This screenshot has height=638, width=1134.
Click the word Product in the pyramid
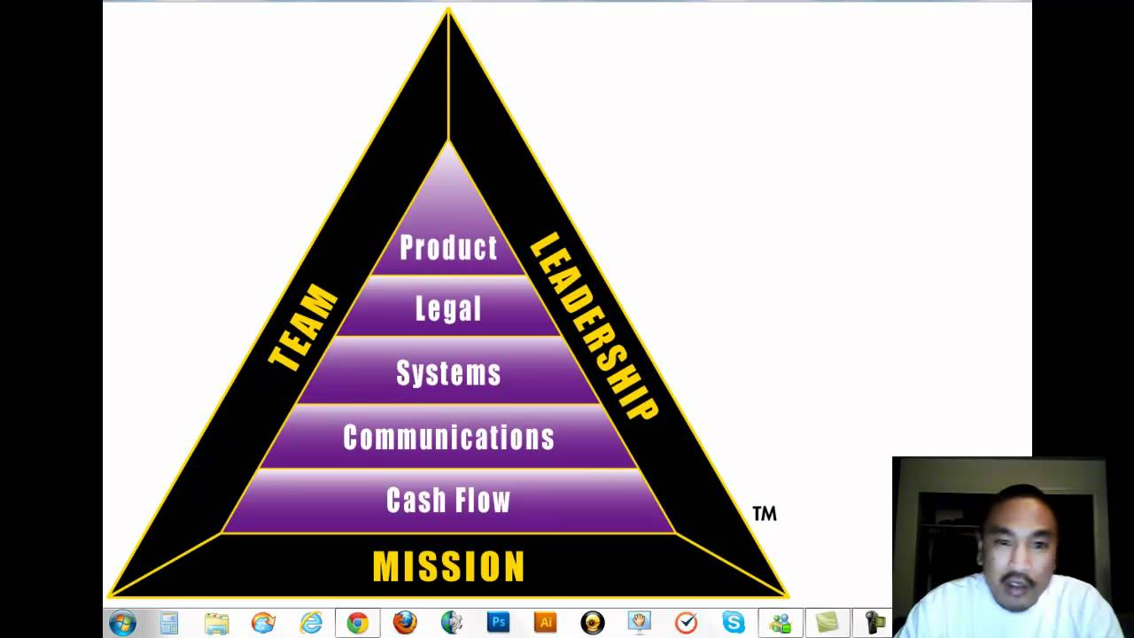pos(448,248)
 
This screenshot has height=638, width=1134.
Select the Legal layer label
pos(448,309)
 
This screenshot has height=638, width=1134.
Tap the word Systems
pos(448,373)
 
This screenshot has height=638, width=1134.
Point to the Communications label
pos(448,437)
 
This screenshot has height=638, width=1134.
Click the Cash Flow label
pos(448,501)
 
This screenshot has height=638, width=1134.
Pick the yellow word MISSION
pos(448,566)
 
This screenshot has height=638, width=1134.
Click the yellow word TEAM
pos(303,328)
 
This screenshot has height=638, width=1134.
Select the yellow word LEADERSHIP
pos(594,326)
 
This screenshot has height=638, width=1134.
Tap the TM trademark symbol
pos(764,513)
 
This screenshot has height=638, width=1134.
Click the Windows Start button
pos(122,623)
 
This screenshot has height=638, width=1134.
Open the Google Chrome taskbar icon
pos(357,623)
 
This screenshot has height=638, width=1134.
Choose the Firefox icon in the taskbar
pos(405,623)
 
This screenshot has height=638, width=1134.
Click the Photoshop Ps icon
pos(498,623)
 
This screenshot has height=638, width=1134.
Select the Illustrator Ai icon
pos(545,623)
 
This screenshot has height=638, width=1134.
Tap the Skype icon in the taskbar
pos(733,623)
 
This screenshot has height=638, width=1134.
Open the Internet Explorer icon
pos(310,623)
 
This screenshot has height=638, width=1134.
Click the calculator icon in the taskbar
pos(169,623)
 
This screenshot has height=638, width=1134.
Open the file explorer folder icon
pos(216,623)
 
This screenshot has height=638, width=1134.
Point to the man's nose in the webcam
pos(1017,559)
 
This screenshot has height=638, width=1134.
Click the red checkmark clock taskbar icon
pos(686,623)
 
